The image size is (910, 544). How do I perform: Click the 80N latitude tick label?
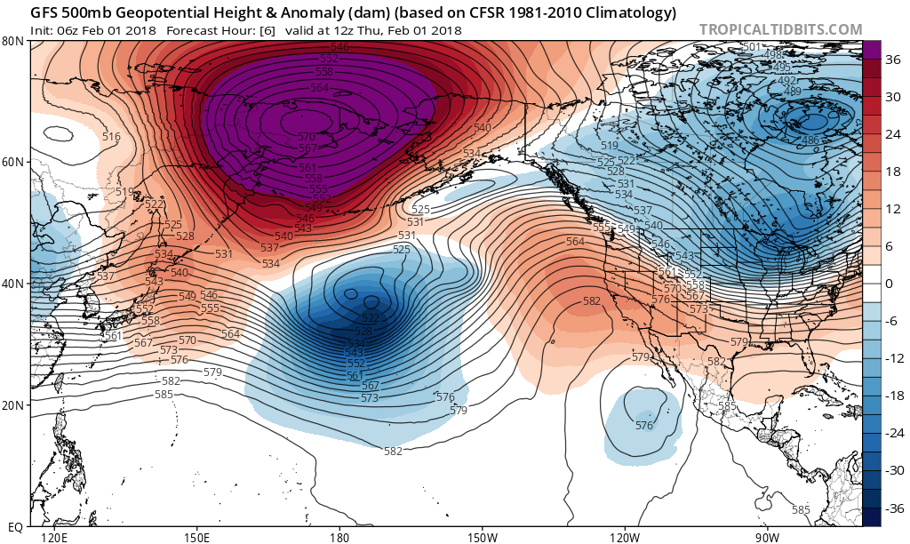12,41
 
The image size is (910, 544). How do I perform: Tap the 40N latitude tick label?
12,284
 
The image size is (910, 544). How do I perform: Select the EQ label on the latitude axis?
14,526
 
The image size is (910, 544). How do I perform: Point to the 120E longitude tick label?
54,537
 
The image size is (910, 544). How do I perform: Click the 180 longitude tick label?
339,537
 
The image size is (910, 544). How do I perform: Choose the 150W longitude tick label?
482,537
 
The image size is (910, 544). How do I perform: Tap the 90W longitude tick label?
768,537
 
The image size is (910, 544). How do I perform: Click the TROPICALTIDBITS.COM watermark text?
780,29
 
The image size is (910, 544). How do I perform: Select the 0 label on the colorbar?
887,284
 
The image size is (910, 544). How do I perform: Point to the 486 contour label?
810,140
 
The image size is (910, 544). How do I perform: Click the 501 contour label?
751,46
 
